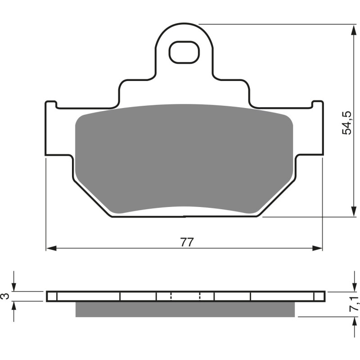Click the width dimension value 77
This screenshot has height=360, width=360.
coord(187,242)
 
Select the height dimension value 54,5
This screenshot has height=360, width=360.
coord(347,122)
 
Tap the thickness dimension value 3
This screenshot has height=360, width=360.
coord(5,296)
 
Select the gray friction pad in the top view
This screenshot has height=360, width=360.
coord(184,157)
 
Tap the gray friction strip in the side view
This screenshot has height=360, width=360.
coord(184,309)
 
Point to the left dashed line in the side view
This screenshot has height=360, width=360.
coord(171,296)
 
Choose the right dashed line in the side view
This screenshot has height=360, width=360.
coord(199,296)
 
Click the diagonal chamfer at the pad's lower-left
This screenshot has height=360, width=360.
coord(92,196)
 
